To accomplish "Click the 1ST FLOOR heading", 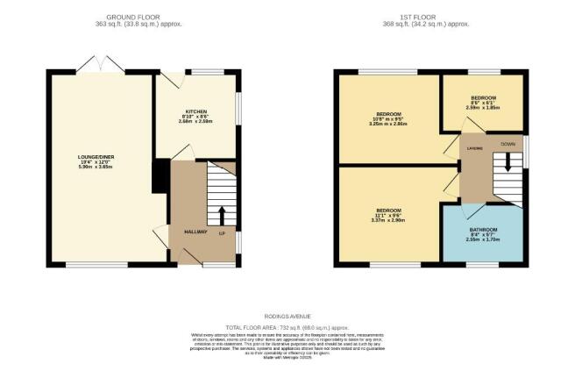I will (x=429, y=17).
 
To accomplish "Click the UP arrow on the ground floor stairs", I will (x=220, y=214).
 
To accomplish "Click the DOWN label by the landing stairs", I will (x=508, y=143).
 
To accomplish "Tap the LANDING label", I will (x=473, y=148).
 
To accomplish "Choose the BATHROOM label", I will (x=483, y=230).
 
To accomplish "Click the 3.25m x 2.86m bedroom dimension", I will (x=389, y=125).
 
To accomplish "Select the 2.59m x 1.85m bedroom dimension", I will (x=483, y=107).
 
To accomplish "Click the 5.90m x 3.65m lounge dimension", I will (x=96, y=168).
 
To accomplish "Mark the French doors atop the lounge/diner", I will (x=100, y=63).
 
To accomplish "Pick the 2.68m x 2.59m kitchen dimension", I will (x=195, y=121).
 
